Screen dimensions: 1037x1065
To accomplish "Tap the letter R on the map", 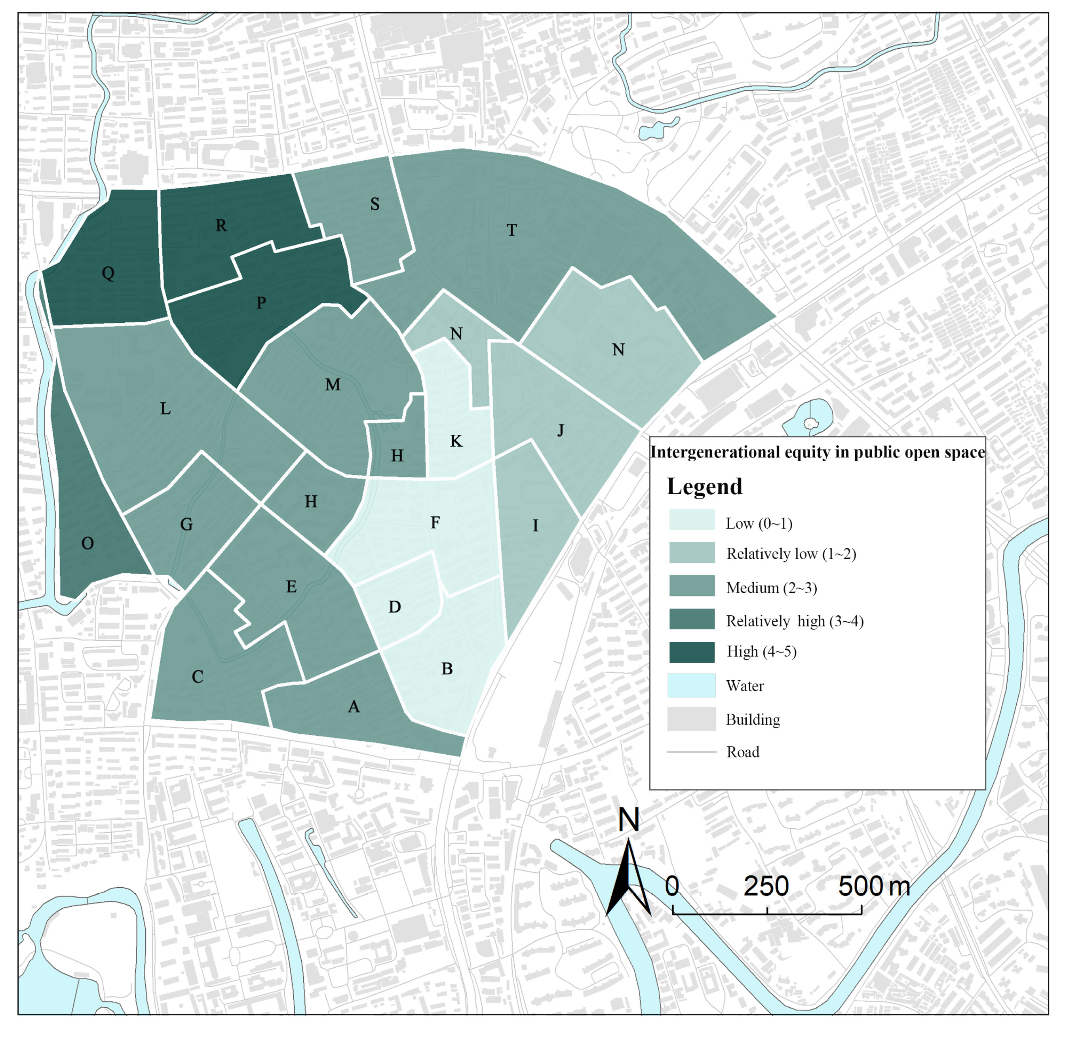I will [221, 225].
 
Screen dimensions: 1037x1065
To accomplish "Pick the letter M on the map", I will [333, 384].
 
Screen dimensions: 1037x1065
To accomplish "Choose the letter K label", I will [456, 441].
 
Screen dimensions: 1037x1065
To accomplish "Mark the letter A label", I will [354, 706].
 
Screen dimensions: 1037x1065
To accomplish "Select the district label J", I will [560, 430].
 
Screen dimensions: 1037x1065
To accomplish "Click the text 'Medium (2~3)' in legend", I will [771, 588].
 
